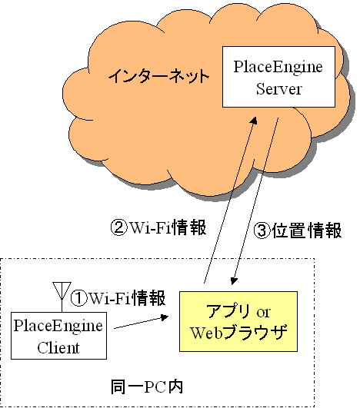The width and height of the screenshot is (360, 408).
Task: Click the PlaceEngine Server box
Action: click(278, 77)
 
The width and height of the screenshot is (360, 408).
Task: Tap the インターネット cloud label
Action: click(159, 76)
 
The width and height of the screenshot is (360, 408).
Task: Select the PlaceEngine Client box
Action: click(58, 336)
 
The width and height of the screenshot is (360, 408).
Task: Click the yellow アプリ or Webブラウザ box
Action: click(238, 322)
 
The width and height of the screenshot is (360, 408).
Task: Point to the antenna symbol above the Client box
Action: click(62, 296)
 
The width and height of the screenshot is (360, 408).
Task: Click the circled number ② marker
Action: click(118, 227)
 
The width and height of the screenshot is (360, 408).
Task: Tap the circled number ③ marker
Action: click(262, 231)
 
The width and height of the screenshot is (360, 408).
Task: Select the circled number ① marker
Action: click(78, 298)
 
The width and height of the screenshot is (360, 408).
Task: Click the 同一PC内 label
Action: click(147, 387)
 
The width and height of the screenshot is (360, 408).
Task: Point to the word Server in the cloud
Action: click(278, 88)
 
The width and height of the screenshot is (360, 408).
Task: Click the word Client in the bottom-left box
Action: click(58, 347)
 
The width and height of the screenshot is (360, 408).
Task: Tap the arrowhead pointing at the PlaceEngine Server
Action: click(254, 120)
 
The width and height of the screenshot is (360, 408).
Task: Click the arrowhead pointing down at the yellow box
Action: click(234, 281)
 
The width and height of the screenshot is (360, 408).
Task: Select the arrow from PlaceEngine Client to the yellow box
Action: click(142, 323)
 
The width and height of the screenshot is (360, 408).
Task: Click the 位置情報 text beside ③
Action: click(307, 231)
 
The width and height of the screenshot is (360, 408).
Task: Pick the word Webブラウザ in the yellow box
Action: click(238, 333)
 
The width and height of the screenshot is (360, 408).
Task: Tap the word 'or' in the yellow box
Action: click(264, 312)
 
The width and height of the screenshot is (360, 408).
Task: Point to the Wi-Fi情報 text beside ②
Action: click(168, 227)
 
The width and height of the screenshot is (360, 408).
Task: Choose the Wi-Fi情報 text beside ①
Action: click(128, 298)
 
